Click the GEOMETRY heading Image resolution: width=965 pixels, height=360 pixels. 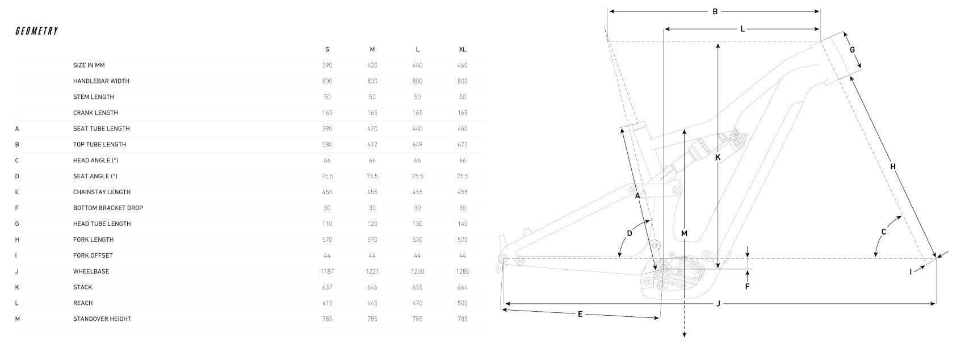tap(37, 31)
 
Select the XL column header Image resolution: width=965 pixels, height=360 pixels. tap(462, 49)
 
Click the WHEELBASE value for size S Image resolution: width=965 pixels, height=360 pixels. tap(327, 271)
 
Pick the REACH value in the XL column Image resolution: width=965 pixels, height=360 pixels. tap(462, 303)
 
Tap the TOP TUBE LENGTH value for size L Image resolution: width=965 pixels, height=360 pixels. tap(417, 145)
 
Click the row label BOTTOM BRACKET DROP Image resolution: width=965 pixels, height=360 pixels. tap(108, 208)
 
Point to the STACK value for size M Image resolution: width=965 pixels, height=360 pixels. tap(372, 287)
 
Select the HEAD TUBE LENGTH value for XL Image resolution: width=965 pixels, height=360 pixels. tap(462, 224)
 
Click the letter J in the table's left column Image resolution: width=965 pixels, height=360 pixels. tap(17, 271)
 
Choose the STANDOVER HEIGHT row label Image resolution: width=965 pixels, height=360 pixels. tap(102, 319)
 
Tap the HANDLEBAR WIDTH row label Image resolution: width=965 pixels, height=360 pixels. tap(101, 81)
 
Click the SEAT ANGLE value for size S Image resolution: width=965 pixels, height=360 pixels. tap(327, 176)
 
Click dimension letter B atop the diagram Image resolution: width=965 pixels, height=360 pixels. tap(715, 11)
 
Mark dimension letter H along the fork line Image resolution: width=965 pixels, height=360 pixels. tap(892, 166)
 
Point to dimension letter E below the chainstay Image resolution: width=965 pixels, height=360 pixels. tap(580, 314)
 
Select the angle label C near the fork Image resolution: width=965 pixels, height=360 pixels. tap(883, 232)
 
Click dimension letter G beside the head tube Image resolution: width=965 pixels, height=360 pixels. tap(851, 50)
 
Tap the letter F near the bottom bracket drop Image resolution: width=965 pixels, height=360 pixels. tap(747, 286)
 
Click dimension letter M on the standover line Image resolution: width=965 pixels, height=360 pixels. tap(684, 233)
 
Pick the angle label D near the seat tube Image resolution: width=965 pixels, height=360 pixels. tap(629, 233)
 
